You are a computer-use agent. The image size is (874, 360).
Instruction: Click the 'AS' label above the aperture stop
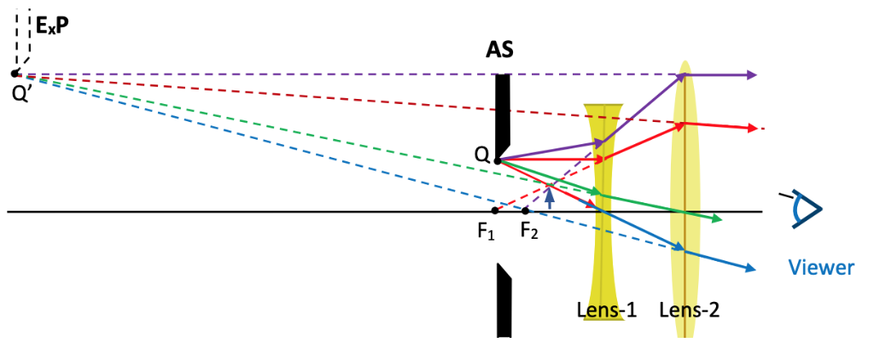pos(500,49)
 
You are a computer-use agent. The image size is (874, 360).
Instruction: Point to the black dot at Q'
pos(15,74)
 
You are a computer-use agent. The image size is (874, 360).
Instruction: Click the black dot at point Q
pos(497,160)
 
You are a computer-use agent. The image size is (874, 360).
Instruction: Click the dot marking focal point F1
pos(495,211)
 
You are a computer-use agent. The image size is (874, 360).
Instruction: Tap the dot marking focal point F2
pos(526,211)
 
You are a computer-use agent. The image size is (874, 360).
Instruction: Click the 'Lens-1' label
pos(607,310)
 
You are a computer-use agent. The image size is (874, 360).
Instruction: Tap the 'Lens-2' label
pos(690,310)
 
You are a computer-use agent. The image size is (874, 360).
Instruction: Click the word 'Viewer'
pos(820,268)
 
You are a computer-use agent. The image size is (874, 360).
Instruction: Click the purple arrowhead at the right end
pos(750,75)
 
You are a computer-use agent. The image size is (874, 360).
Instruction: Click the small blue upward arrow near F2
pos(550,197)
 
